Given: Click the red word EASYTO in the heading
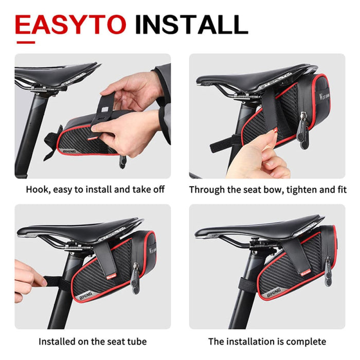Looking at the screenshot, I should click(70, 24).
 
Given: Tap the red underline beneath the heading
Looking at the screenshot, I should click(26, 42).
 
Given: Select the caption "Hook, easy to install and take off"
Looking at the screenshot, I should click(95, 190).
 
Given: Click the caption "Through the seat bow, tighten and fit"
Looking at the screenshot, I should click(267, 190).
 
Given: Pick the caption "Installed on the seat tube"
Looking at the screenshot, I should click(93, 341).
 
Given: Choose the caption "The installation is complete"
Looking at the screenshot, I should click(267, 341).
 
